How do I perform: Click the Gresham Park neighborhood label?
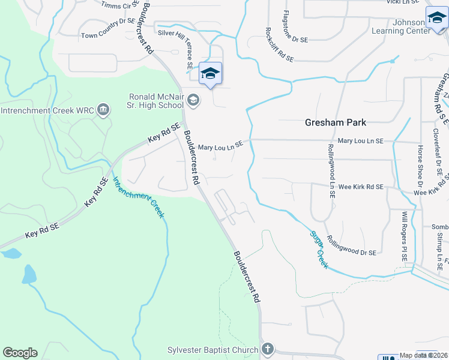[336, 122]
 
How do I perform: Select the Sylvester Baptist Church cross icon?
[268, 349]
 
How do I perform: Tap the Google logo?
[20, 353]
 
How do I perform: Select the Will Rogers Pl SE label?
[405, 235]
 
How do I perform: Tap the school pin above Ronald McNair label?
[210, 74]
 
